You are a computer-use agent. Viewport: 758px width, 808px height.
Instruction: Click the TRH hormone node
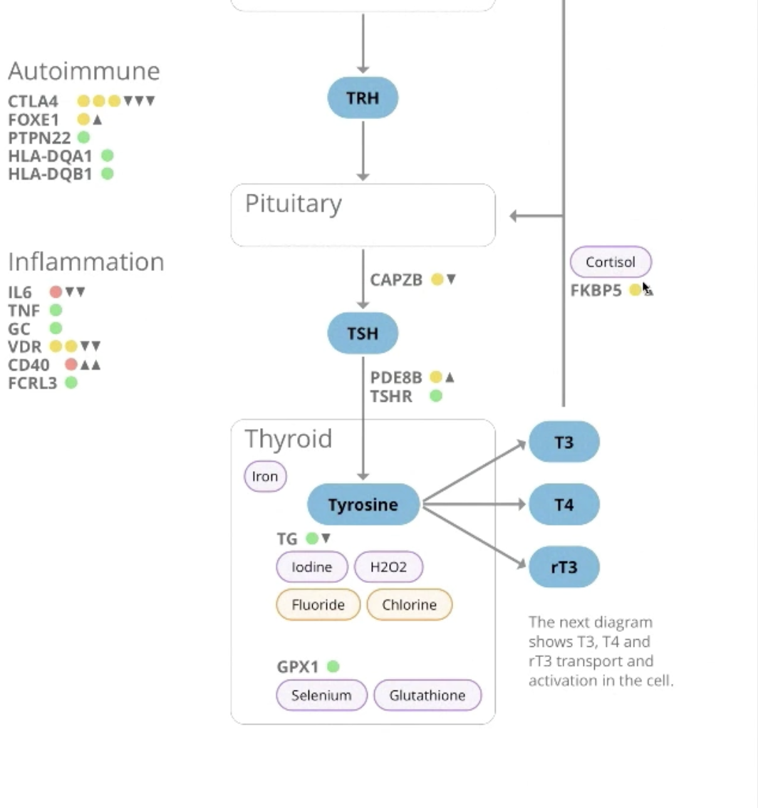[x=363, y=98]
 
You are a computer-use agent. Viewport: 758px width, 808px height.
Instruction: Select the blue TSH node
[x=363, y=333]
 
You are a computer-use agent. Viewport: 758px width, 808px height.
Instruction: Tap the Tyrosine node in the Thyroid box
[x=363, y=504]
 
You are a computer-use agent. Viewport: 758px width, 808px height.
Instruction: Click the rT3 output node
[x=564, y=567]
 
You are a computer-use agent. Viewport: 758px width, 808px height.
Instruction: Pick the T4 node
[x=564, y=504]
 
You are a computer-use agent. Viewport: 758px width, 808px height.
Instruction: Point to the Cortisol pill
[x=611, y=262]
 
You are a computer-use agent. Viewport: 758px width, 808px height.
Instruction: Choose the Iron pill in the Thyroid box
[x=265, y=477]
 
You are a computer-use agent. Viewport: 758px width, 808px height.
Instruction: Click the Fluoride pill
[x=318, y=605]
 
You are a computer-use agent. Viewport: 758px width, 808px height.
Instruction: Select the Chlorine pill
[x=409, y=605]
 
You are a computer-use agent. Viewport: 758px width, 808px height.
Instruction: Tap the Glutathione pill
[x=427, y=695]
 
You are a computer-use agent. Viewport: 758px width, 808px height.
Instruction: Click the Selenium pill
[x=321, y=695]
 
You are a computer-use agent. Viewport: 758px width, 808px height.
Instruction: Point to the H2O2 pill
[x=388, y=567]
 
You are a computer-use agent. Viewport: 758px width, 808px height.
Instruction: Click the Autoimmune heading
[x=84, y=71]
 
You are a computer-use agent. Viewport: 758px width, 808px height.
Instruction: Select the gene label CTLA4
[x=33, y=101]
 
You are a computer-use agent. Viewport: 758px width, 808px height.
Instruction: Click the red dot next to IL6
[x=56, y=291]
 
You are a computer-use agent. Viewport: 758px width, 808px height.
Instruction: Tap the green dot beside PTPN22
[x=83, y=138]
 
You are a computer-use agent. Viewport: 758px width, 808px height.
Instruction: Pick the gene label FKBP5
[x=596, y=291]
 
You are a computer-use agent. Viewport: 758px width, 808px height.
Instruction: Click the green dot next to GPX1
[x=333, y=667]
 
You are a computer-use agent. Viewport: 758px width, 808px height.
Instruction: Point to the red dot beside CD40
[x=71, y=365]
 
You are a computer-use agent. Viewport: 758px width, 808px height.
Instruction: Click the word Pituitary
[x=293, y=204]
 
